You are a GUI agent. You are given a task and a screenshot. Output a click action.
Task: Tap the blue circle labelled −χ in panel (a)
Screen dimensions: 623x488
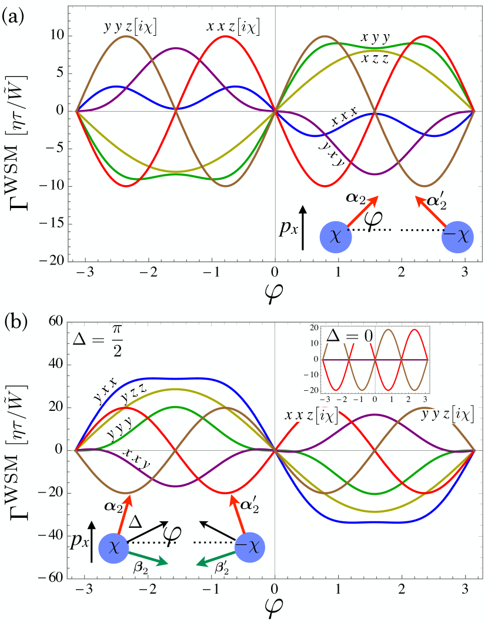coord(458,237)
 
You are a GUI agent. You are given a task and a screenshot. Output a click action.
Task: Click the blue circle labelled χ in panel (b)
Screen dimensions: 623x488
coord(114,548)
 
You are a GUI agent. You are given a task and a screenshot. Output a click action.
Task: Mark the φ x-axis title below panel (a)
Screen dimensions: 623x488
coord(275,289)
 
